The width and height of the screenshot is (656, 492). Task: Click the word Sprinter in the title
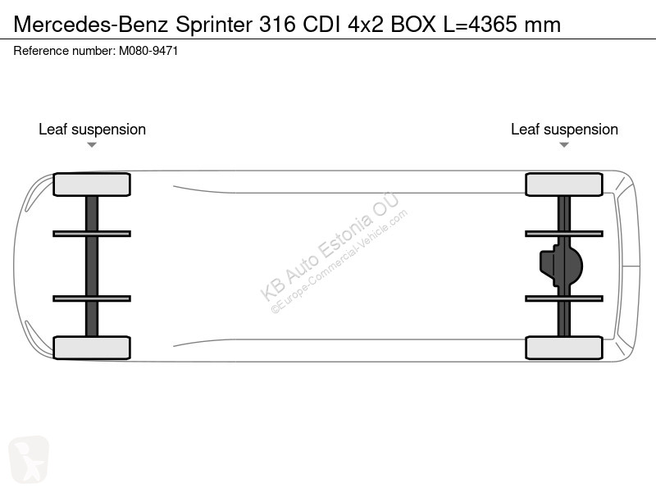214,25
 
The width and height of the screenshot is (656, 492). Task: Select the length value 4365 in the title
493,25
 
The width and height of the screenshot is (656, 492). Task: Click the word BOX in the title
413,25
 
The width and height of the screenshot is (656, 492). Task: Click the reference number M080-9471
148,51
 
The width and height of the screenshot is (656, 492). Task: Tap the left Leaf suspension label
92,130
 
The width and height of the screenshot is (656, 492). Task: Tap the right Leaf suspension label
564,130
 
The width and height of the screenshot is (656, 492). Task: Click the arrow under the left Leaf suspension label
92,145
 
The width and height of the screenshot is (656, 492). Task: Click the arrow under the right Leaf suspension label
564,145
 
